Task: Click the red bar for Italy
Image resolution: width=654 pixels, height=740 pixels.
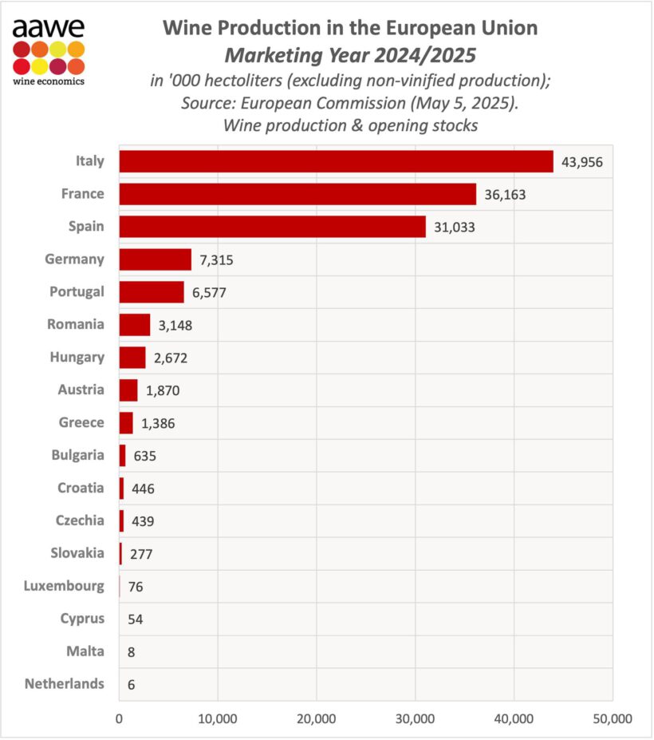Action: (336, 161)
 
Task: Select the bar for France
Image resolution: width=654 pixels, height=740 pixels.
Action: (297, 194)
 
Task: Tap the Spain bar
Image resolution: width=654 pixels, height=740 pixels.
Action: (272, 227)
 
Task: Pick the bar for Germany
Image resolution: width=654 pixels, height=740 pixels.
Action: (156, 259)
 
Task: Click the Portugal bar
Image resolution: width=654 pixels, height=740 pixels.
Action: (152, 292)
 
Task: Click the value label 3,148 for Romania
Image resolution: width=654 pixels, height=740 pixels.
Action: (175, 325)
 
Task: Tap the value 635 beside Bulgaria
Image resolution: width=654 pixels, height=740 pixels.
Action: (144, 456)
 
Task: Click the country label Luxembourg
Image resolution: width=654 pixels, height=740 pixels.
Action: (65, 586)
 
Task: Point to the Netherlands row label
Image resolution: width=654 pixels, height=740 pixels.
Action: (65, 684)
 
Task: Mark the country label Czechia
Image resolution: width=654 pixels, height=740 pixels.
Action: (80, 520)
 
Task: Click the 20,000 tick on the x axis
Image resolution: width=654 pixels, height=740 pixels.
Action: (317, 718)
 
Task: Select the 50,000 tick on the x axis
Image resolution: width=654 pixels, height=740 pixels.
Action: (612, 718)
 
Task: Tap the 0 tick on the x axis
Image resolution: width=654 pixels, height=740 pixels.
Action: (120, 718)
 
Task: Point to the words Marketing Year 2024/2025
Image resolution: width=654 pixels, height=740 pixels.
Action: (350, 57)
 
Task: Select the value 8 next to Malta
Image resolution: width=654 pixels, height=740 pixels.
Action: (131, 652)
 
